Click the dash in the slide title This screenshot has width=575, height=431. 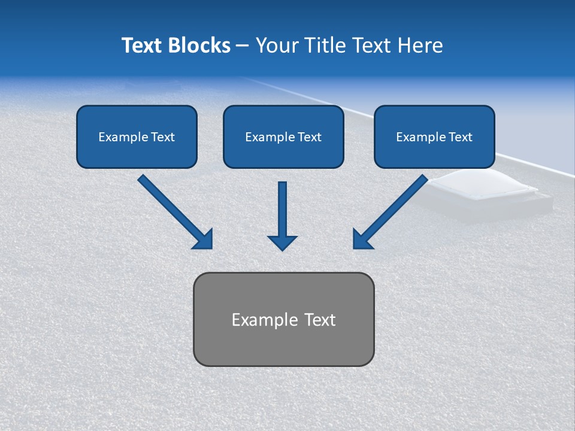(x=243, y=46)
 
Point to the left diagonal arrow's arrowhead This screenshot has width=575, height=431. (x=204, y=239)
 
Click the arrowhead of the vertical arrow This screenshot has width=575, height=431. (x=282, y=242)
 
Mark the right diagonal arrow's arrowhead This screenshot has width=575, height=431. (x=362, y=239)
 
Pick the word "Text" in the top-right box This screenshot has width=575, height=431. (x=461, y=137)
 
